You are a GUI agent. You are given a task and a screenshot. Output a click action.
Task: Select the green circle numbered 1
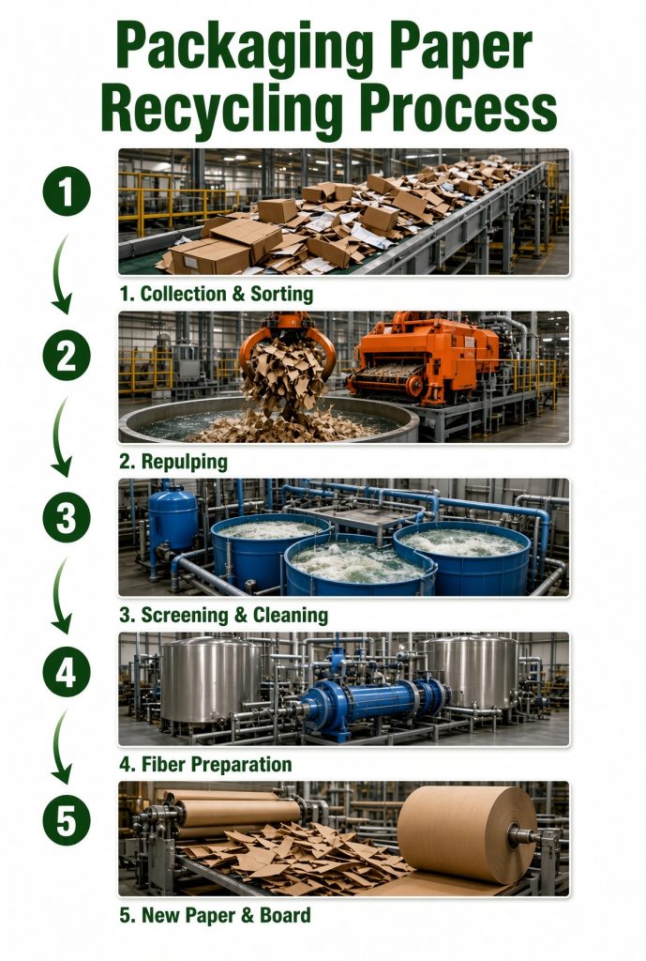(67, 191)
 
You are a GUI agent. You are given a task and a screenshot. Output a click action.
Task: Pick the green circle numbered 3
(67, 518)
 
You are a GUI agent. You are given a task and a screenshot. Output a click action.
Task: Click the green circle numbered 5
(67, 821)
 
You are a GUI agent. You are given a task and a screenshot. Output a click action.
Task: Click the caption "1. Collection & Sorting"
(217, 294)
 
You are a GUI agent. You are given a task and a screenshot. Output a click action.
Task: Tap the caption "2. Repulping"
(173, 462)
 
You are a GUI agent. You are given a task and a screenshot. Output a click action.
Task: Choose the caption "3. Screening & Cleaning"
(223, 615)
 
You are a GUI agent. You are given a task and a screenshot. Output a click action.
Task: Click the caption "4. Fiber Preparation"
(205, 764)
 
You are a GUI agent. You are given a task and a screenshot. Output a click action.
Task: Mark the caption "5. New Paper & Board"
(215, 915)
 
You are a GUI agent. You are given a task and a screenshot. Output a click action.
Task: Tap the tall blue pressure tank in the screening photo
(173, 518)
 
